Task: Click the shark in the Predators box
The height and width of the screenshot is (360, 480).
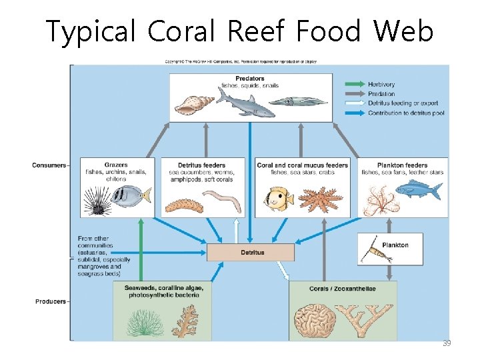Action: coord(247,103)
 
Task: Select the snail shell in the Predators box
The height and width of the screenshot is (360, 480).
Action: coord(195,104)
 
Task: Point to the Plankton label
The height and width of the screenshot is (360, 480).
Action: coord(395,245)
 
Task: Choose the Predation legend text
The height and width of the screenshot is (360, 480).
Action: coord(381,94)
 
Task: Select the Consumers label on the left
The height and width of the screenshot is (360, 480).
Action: coord(49,165)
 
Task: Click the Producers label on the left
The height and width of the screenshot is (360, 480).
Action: coord(51,301)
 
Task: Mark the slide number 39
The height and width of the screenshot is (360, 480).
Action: coord(447,343)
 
